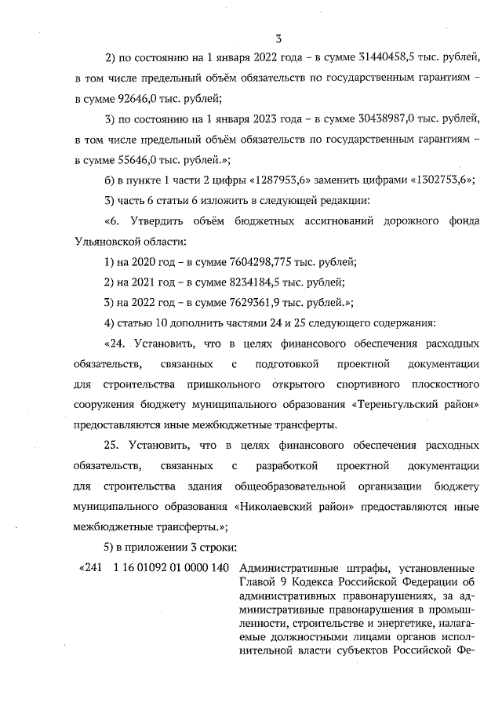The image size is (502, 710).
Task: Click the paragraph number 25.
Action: [x=111, y=445]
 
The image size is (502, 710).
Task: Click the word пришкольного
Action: [x=216, y=384]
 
